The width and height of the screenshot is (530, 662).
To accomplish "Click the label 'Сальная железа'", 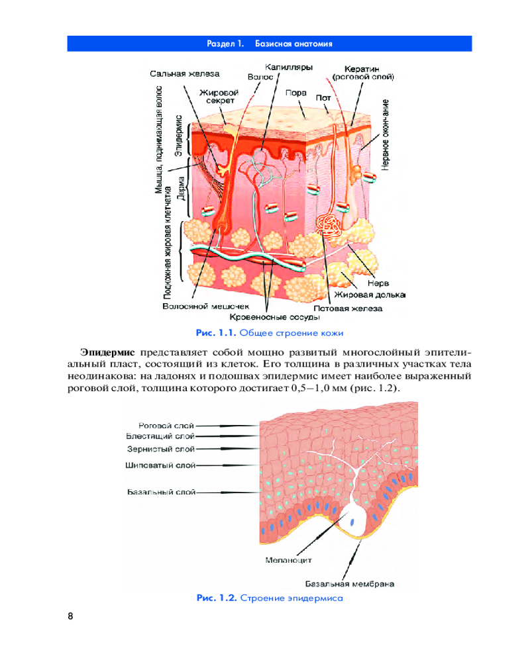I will (x=185, y=73).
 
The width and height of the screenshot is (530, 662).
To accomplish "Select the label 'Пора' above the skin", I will (x=295, y=93).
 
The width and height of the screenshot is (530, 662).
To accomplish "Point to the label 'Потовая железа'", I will (x=348, y=308).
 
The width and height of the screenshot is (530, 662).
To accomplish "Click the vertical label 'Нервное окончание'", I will (x=385, y=136).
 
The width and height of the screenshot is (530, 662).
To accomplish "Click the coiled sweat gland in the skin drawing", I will (x=329, y=225).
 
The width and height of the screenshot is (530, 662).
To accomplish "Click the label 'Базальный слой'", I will (x=162, y=492).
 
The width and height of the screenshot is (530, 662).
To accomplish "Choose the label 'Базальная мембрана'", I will (x=350, y=584).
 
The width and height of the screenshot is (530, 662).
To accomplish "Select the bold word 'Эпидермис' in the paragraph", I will (x=108, y=350).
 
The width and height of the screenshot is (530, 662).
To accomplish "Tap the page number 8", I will (x=70, y=616).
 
